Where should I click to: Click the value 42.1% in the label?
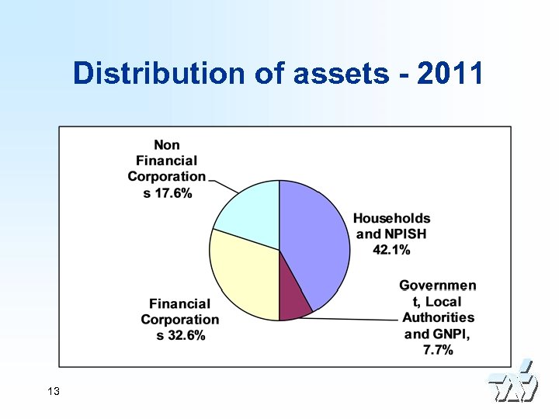pos(392,250)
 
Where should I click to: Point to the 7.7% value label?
pos(439,350)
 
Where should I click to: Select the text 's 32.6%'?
pos(180,335)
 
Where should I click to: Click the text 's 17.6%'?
pos(168,193)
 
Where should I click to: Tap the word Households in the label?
pos(392,219)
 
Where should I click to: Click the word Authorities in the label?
pos(438,317)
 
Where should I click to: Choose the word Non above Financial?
pos(167,145)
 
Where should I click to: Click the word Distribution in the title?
pos(159,74)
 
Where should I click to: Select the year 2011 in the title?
pos(450,74)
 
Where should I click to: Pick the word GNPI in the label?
pos(448,334)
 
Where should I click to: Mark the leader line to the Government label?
pos(357,318)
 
